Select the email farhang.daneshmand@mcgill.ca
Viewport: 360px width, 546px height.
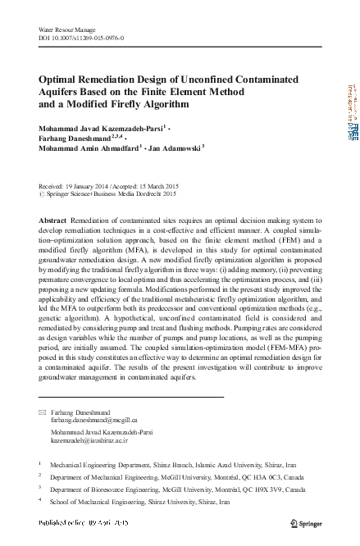pyautogui.click(x=95, y=420)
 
